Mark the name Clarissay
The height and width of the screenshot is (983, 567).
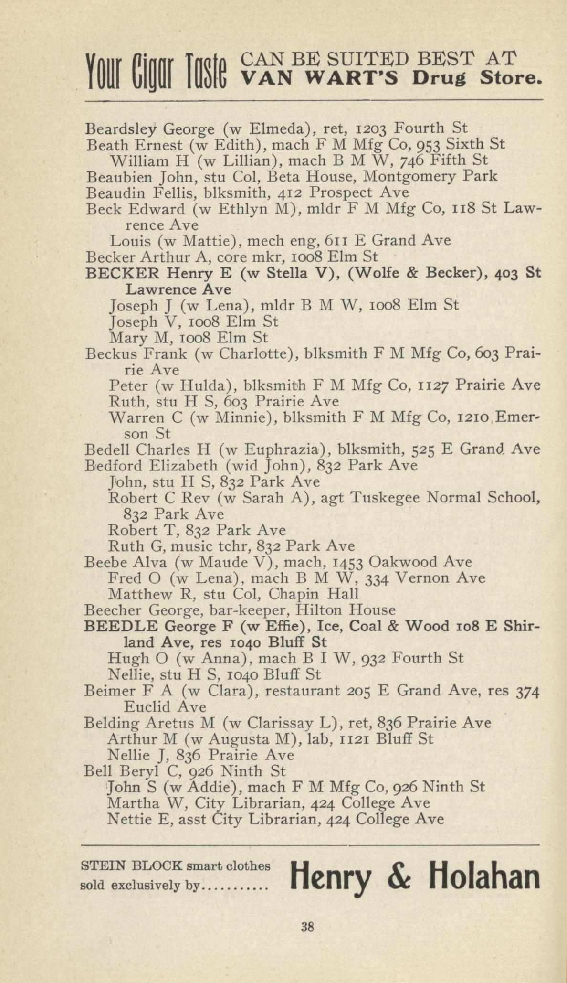(270, 723)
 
